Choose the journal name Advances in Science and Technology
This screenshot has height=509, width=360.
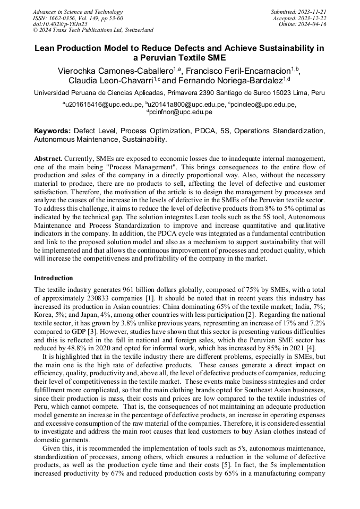78,12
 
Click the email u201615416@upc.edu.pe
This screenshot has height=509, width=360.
104,105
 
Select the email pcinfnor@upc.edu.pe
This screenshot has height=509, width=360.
181,112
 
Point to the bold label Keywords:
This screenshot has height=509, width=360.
52,131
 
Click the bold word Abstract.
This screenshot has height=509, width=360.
48,158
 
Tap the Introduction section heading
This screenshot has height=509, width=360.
54,278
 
